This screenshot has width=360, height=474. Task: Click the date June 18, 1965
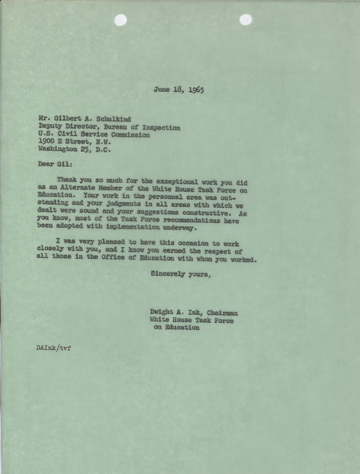tap(182, 90)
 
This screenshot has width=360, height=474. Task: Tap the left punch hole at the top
tap(119, 20)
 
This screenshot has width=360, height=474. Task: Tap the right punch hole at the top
tap(245, 19)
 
